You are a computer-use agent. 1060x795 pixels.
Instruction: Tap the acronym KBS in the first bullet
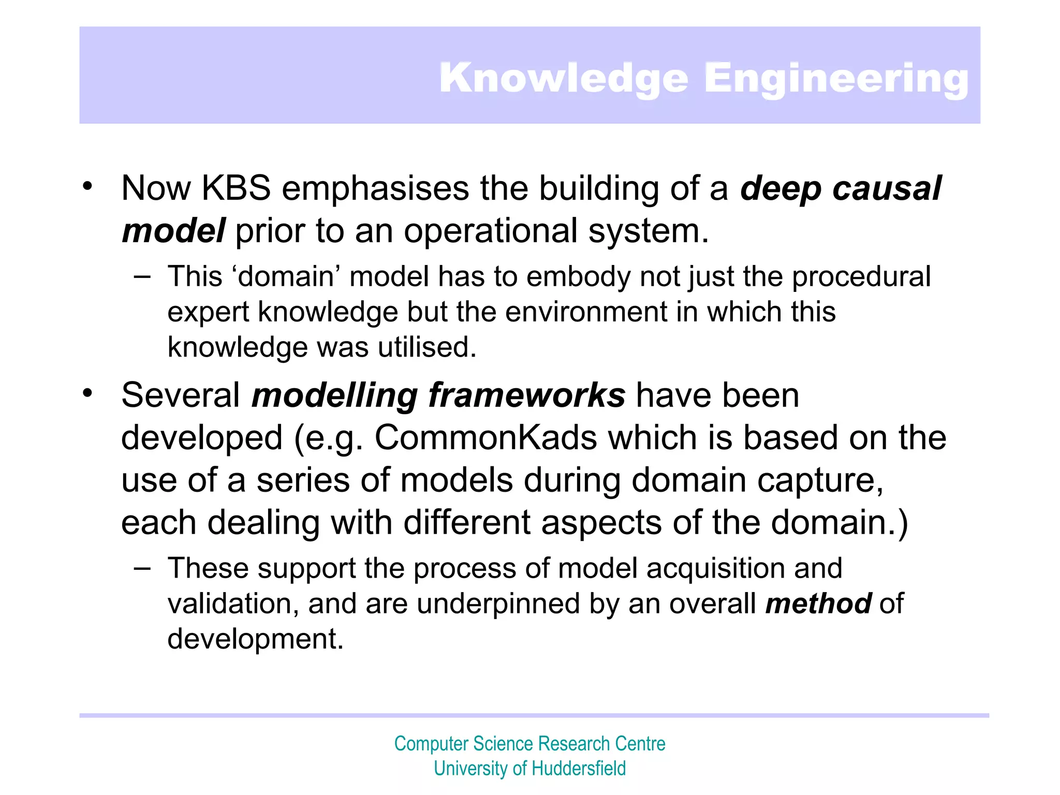tap(236, 188)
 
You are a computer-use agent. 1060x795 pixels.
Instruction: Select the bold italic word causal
tap(887, 188)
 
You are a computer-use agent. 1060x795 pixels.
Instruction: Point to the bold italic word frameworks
tap(527, 395)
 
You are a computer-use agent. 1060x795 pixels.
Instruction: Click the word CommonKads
tap(486, 438)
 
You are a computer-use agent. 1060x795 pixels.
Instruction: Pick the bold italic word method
tap(818, 603)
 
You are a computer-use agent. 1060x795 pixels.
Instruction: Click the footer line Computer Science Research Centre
tap(529, 744)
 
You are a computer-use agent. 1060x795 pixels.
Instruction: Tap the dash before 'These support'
tap(142, 568)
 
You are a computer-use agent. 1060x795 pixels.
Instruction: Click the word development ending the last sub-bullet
tap(255, 639)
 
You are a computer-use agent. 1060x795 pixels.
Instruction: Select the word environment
tap(586, 312)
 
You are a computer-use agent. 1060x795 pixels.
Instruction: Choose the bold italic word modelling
tap(334, 395)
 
